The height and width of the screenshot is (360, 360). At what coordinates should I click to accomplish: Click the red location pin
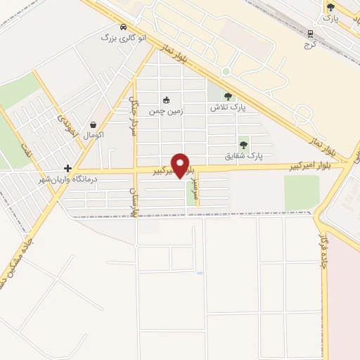coord(181,165)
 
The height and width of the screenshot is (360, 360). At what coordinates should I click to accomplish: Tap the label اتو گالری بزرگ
coord(127,38)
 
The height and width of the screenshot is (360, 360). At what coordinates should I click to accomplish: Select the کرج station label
coord(310,44)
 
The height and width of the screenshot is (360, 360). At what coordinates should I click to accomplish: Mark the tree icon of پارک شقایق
coord(244,144)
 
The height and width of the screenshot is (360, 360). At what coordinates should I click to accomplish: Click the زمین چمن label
coord(166,111)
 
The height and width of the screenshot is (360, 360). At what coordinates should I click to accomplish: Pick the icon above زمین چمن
coord(167,100)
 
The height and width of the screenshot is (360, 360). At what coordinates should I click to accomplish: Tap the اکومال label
coord(93,134)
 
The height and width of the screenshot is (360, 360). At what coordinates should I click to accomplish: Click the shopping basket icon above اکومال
coord(94,122)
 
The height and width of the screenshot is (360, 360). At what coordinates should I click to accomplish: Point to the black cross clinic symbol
coord(67,168)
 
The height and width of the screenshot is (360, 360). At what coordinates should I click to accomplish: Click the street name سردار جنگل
coord(131,116)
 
